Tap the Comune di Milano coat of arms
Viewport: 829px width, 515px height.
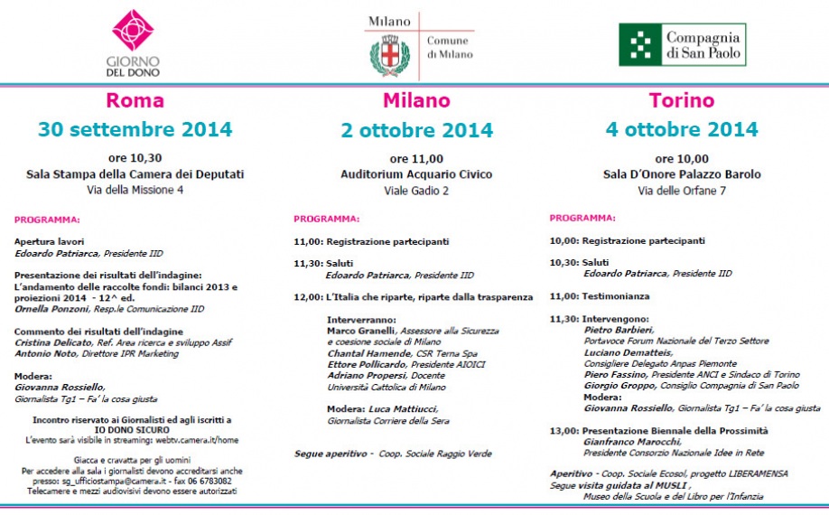click(390, 56)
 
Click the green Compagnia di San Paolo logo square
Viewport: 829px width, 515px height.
click(639, 43)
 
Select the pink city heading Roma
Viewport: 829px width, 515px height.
click(135, 99)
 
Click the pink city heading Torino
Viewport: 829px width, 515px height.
click(681, 99)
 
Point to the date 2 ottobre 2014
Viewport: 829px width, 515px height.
click(416, 130)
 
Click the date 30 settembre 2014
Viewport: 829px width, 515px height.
click(135, 129)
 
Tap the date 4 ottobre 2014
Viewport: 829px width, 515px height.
click(682, 129)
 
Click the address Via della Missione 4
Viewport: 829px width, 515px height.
click(135, 190)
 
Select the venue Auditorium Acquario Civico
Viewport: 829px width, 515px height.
click(416, 173)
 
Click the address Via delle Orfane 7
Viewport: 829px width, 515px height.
click(682, 190)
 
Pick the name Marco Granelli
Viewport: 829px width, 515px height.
click(359, 331)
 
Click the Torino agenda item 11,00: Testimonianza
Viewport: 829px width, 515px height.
click(601, 295)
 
